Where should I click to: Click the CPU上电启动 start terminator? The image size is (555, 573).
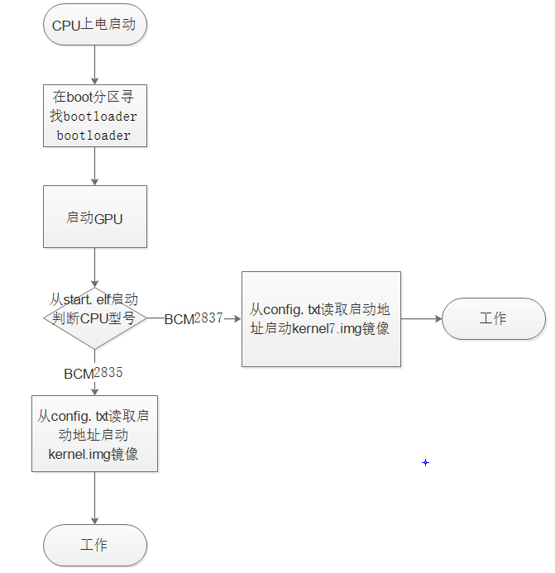click(x=95, y=25)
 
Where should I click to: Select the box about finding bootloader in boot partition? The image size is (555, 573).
click(x=95, y=116)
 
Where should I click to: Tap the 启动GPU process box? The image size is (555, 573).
click(x=95, y=217)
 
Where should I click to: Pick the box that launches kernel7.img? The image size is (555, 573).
click(x=321, y=318)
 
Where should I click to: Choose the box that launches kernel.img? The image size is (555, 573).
click(x=94, y=434)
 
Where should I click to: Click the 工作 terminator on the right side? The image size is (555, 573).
click(x=493, y=318)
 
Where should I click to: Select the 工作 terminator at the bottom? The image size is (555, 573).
click(x=94, y=546)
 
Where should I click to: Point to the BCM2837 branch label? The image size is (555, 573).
click(x=194, y=318)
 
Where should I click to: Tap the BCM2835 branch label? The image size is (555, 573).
click(x=93, y=373)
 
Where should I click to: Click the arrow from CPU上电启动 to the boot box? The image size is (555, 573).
click(x=95, y=64)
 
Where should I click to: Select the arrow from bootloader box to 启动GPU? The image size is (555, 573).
click(x=95, y=166)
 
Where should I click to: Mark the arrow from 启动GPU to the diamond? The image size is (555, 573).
click(x=95, y=266)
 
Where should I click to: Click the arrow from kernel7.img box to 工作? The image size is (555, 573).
click(x=422, y=318)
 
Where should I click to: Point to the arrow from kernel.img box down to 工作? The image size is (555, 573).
click(x=94, y=499)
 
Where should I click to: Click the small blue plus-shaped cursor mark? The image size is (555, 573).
click(x=426, y=463)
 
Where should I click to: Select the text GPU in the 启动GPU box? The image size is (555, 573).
click(x=108, y=218)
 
